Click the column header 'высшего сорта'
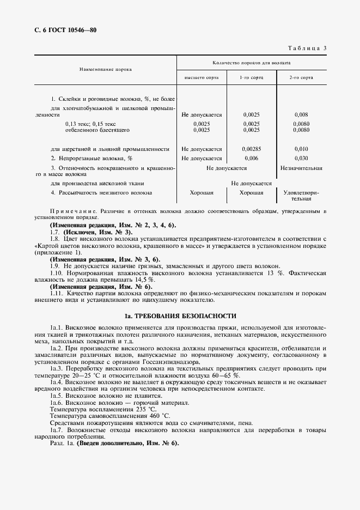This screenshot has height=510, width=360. tap(202, 78)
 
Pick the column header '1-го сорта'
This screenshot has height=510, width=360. tap(252, 78)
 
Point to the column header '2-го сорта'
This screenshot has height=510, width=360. tap(301, 78)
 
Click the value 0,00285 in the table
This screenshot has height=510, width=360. tap(252, 149)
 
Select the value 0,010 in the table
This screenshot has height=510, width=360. tap(301, 149)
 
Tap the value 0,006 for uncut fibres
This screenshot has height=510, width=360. tap(252, 158)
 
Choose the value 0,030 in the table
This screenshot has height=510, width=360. tap(301, 158)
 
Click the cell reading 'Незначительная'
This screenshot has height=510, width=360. tap(301, 168)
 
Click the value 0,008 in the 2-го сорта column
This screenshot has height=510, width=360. tap(301, 115)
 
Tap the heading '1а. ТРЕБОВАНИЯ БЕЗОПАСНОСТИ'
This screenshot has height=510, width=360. tap(180, 315)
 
